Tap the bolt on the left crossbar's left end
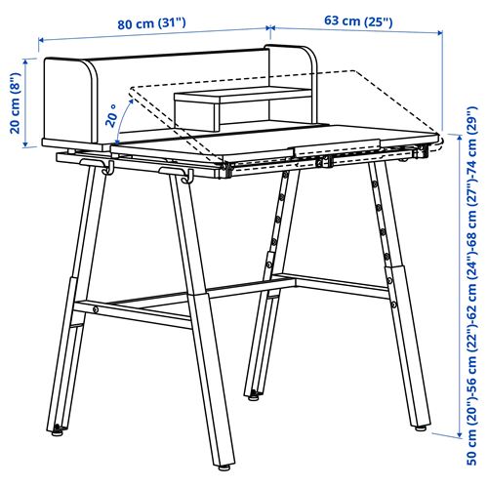tap(95, 309)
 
